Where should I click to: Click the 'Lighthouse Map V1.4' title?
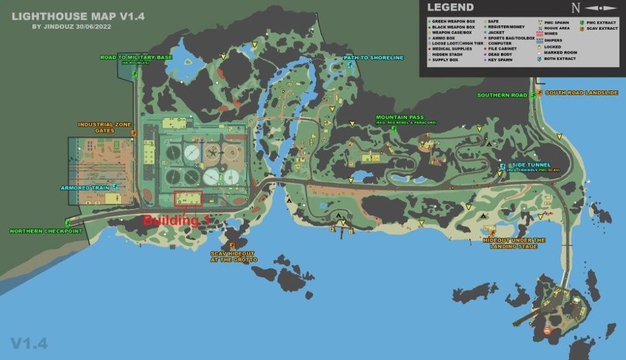tap(62, 16)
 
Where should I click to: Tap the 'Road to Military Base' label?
tap(136, 57)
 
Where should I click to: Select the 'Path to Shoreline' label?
tap(374, 57)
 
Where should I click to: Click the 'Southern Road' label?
tap(502, 95)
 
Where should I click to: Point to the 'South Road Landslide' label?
tap(581, 93)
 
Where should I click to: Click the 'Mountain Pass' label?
tap(400, 117)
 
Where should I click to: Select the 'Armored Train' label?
tap(85, 188)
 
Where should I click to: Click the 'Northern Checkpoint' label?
tap(46, 231)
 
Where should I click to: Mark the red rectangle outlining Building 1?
tap(188, 199)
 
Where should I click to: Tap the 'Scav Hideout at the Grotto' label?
tap(234, 257)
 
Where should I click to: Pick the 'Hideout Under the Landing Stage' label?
tap(514, 243)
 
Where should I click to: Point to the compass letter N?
tap(576, 8)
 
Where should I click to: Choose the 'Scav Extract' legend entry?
tap(602, 28)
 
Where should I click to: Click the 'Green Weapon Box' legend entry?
tap(454, 22)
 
